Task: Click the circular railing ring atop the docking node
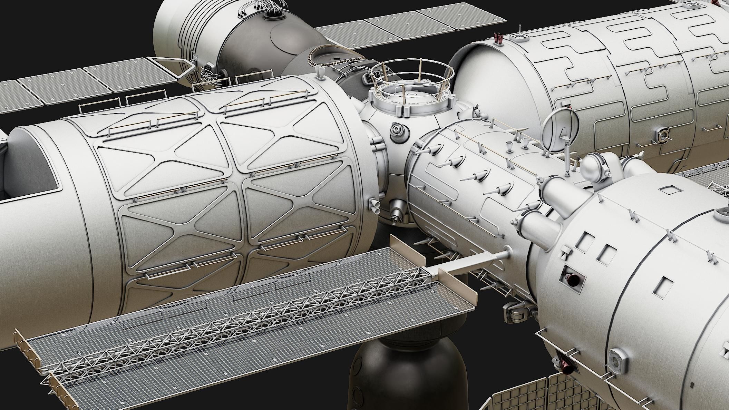412,77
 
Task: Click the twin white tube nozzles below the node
376,206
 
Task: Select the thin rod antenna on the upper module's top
519,31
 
